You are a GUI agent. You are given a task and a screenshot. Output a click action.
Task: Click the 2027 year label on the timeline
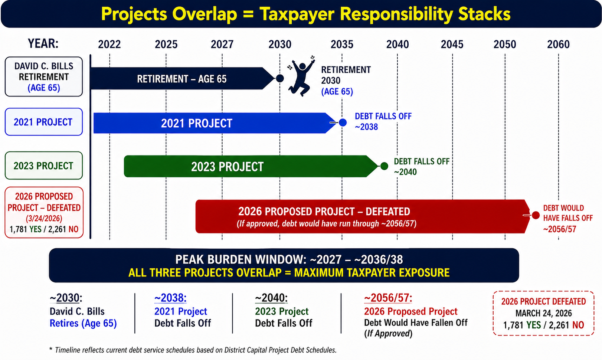[222, 44]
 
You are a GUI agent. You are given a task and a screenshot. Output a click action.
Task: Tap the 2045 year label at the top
[452, 44]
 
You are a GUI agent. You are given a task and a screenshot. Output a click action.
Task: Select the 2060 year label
[559, 44]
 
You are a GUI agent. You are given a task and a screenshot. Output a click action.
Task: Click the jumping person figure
[301, 76]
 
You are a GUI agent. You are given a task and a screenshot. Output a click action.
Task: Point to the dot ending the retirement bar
[280, 78]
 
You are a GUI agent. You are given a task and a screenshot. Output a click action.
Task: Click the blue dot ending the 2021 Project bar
[343, 122]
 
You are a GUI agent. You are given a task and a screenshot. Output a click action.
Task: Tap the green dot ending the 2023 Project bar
[384, 166]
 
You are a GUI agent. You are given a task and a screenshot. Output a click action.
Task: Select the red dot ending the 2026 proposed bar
[536, 215]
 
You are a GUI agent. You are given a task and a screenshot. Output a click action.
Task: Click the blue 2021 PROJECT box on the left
[43, 122]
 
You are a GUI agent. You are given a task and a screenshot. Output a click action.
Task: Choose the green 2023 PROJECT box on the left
[43, 166]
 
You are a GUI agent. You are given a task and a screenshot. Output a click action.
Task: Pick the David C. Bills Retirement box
[43, 76]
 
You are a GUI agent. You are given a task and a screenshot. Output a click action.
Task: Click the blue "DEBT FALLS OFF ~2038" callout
[383, 121]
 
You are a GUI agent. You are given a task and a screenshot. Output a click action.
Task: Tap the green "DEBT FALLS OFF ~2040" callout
[421, 167]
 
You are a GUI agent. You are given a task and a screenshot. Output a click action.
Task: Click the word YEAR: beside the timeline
[43, 43]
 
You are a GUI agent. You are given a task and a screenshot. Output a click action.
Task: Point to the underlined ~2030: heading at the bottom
[66, 298]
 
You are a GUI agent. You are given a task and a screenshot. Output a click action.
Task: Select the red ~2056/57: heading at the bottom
[388, 298]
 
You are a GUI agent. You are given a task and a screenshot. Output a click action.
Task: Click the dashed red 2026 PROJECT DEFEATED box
[543, 313]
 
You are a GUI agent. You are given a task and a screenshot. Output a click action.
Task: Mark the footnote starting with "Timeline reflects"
[193, 350]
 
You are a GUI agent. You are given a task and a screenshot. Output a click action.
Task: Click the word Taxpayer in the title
[297, 14]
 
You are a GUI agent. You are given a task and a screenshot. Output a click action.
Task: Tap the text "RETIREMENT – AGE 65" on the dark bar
[181, 79]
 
